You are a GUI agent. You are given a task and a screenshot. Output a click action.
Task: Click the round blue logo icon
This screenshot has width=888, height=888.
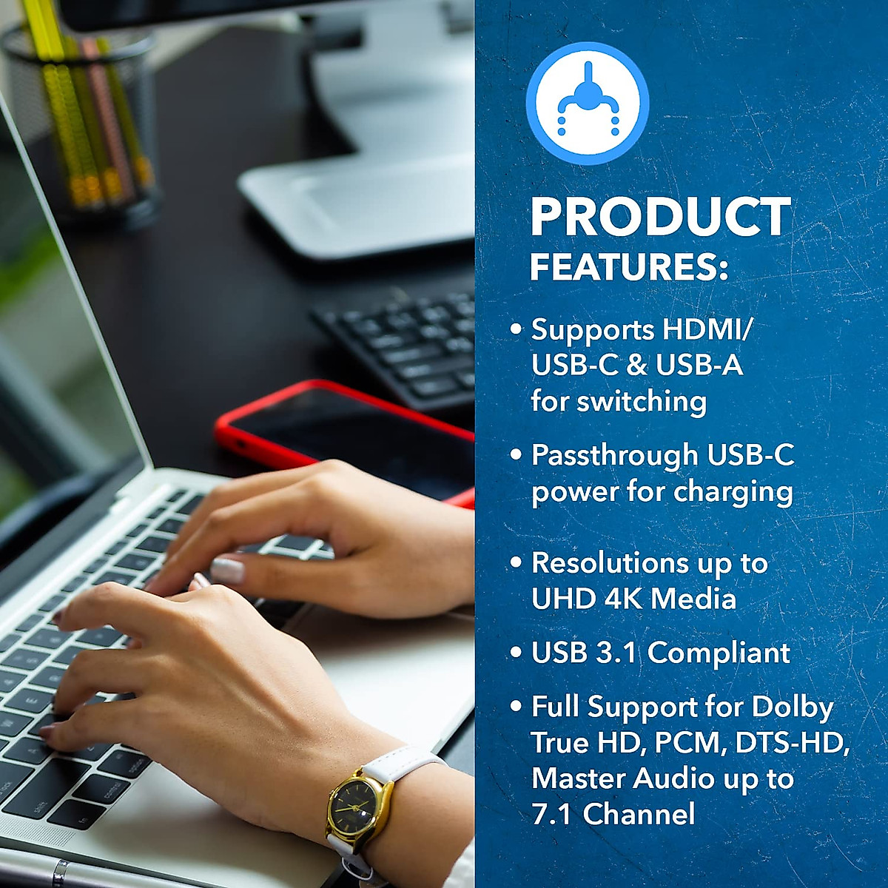(588, 103)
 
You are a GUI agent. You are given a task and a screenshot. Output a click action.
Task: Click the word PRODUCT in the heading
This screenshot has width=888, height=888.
(660, 217)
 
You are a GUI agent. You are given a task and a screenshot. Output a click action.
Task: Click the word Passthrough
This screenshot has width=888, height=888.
(614, 455)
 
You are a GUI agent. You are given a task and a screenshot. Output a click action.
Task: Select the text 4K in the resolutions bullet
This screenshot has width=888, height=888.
(624, 599)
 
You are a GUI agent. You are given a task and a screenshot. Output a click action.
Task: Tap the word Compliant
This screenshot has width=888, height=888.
(719, 653)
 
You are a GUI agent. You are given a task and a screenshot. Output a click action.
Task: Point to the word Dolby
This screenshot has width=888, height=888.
(792, 707)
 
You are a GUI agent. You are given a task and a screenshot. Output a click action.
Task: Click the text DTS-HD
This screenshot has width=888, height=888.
(791, 743)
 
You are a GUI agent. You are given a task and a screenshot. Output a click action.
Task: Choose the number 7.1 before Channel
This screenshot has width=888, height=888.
(552, 814)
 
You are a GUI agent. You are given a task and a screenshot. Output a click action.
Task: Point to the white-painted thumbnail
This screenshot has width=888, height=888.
(227, 570)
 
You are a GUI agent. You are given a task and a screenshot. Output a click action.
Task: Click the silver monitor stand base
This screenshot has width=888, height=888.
(355, 207)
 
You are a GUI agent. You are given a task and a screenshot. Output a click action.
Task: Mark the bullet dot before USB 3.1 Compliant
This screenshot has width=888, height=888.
(516, 653)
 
